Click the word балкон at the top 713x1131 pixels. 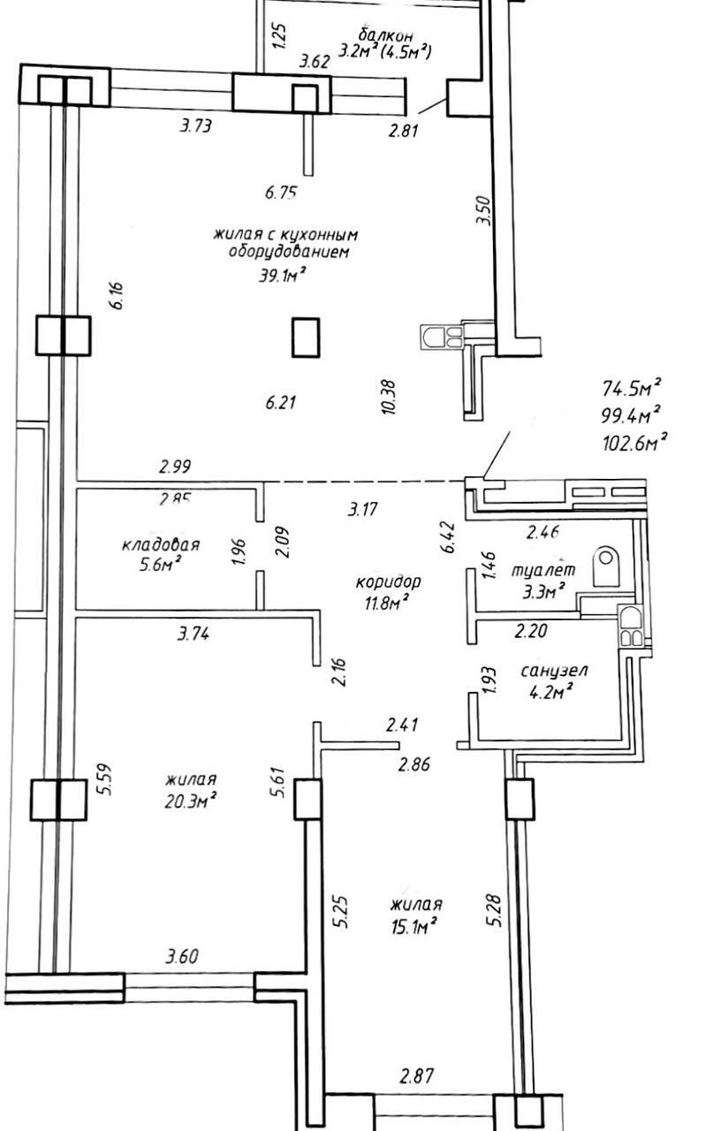387,35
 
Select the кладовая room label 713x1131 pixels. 161,545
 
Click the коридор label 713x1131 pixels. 388,582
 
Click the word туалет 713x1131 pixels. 543,571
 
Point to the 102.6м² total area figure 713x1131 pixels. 633,441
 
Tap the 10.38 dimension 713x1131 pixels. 390,398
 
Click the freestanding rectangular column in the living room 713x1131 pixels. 306,337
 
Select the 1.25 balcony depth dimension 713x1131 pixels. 279,37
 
